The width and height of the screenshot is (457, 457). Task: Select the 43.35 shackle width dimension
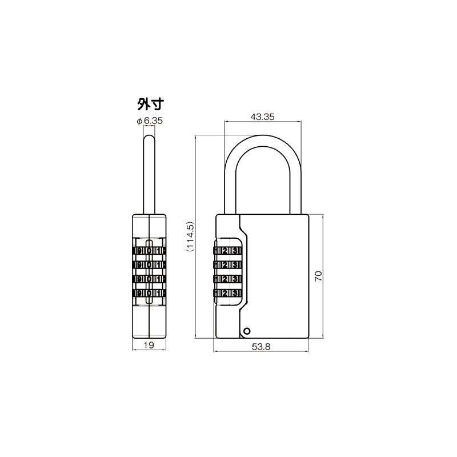coord(262,116)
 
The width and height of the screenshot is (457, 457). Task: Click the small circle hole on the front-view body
coord(246,330)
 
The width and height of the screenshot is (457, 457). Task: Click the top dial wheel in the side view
coord(149,251)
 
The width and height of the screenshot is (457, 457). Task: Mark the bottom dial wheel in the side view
coord(149,294)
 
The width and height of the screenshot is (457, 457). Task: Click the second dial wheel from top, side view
coord(149,265)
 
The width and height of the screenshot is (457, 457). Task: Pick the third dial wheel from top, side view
coord(149,279)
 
